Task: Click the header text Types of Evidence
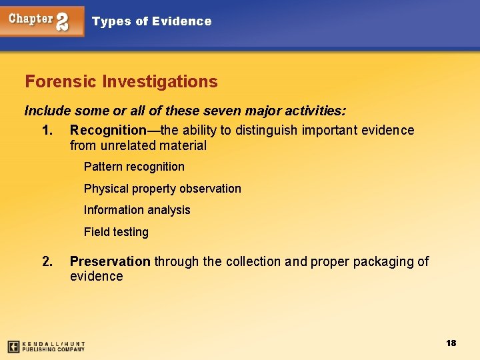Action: (151, 21)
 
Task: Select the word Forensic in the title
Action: (61, 82)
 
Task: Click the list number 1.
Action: (47, 130)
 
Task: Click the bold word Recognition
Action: (108, 130)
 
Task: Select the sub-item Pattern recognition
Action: (134, 167)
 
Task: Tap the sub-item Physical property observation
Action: (162, 189)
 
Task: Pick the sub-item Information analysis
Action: (137, 210)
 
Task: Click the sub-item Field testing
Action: (116, 232)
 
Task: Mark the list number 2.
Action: (47, 261)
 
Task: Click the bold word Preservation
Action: (110, 261)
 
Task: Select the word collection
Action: (254, 261)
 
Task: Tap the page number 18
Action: (451, 343)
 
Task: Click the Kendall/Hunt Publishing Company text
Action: (53, 347)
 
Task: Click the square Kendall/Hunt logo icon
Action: (13, 347)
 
